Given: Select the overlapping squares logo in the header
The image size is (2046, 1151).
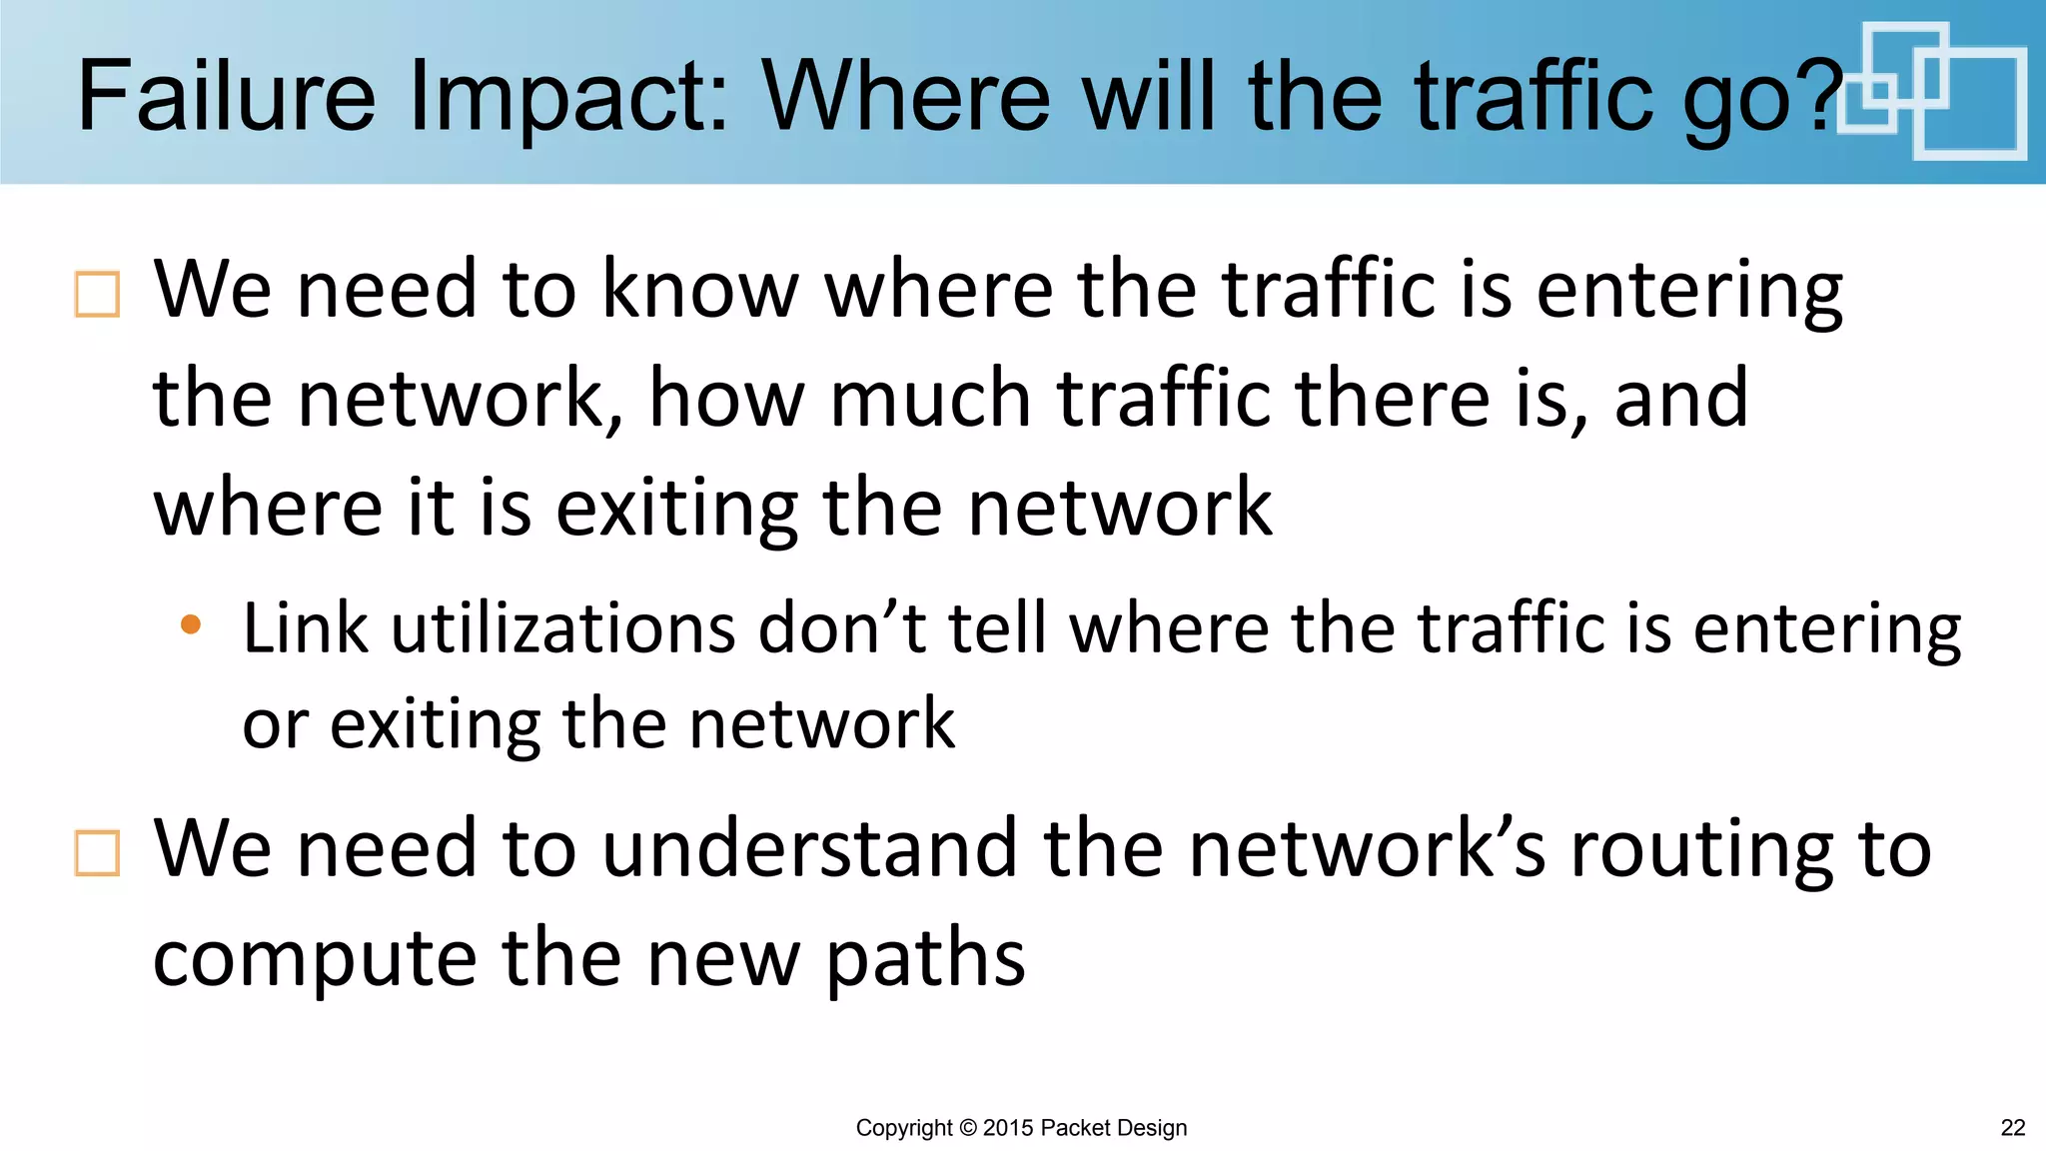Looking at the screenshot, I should tap(1932, 90).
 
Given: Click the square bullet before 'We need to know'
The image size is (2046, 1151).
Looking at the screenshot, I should tap(97, 295).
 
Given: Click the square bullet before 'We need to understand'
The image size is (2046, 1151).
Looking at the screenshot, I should tap(97, 853).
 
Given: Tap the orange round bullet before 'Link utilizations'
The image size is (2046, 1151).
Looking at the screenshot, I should tap(191, 625).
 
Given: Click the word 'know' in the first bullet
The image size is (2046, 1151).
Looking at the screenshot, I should tap(700, 290).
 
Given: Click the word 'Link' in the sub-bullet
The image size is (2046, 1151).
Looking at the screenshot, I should tap(305, 629).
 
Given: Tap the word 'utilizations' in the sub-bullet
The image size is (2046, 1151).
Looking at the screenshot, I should tap(562, 629).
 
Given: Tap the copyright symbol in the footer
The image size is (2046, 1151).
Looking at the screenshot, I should tap(967, 1128).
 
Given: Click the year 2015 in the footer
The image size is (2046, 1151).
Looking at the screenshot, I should tap(1008, 1128).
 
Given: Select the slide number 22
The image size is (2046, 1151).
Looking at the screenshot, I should tap(2013, 1128).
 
